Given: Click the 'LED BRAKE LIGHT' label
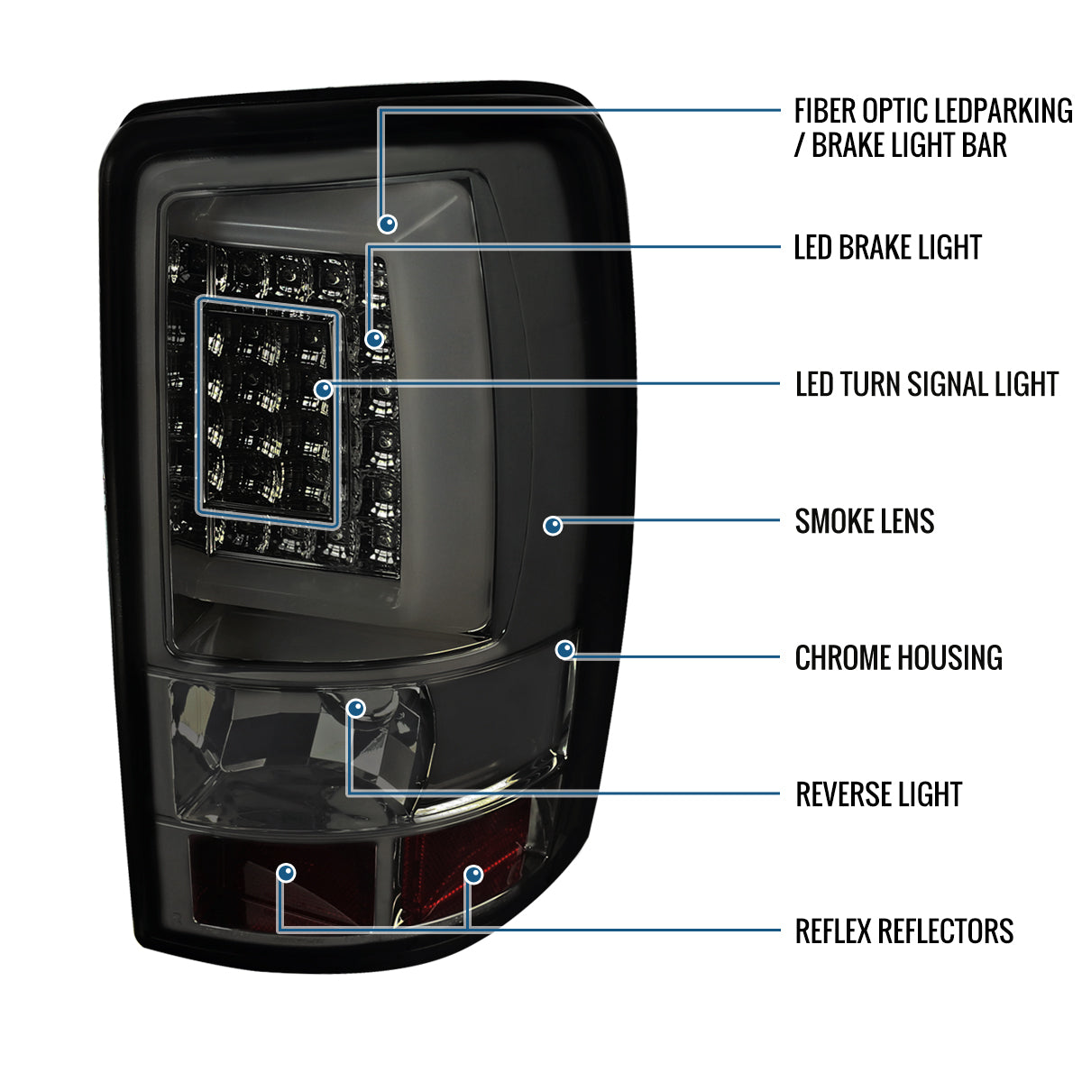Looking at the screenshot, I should pyautogui.click(x=887, y=247).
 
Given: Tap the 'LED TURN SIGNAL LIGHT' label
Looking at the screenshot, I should pyautogui.click(x=926, y=384).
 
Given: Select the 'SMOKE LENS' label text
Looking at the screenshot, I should pyautogui.click(x=864, y=521).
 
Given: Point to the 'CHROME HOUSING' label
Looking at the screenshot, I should pyautogui.click(x=898, y=658).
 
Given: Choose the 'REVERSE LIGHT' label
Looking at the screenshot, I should pyautogui.click(x=878, y=794).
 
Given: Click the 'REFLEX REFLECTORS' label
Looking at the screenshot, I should pyautogui.click(x=903, y=931).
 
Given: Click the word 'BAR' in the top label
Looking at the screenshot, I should pyautogui.click(x=984, y=145).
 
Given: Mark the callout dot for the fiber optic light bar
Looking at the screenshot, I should pyautogui.click(x=388, y=223).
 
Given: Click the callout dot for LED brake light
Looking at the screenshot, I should pyautogui.click(x=374, y=339).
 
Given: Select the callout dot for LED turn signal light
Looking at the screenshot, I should pyautogui.click(x=323, y=390).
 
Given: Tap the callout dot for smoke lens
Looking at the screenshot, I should pyautogui.click(x=553, y=525).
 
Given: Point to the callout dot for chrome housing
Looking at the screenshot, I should pyautogui.click(x=565, y=649).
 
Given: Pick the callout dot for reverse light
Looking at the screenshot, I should pyautogui.click(x=356, y=708).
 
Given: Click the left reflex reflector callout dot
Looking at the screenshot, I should pyautogui.click(x=286, y=872).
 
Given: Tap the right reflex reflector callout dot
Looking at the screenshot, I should pyautogui.click(x=473, y=874).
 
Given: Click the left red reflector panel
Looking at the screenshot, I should pyautogui.click(x=270, y=888).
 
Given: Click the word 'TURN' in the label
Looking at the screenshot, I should pyautogui.click(x=869, y=384).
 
